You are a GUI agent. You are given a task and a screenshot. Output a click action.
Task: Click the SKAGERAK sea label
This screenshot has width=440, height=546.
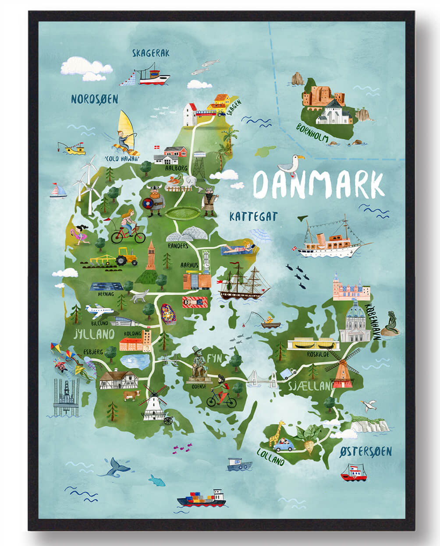pos(151,53)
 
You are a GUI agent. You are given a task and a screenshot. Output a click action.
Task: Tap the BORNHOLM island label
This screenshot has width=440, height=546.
pos(312,132)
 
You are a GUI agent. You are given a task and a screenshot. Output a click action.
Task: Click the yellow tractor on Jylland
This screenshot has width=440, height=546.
pos(127,257)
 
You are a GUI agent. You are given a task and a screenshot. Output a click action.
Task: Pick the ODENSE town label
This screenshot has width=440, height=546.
pos(199,387)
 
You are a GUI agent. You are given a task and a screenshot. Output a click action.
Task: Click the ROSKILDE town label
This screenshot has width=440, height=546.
pos(318,353)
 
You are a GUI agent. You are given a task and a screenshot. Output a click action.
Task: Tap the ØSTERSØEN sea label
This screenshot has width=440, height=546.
pos(366,451)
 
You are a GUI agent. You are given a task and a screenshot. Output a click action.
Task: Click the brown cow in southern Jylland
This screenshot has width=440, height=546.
pos(131,395)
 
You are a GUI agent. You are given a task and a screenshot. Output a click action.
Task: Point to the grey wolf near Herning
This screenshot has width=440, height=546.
pos(140,296)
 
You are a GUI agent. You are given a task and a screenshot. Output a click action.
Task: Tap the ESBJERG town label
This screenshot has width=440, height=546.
pos(93,352)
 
